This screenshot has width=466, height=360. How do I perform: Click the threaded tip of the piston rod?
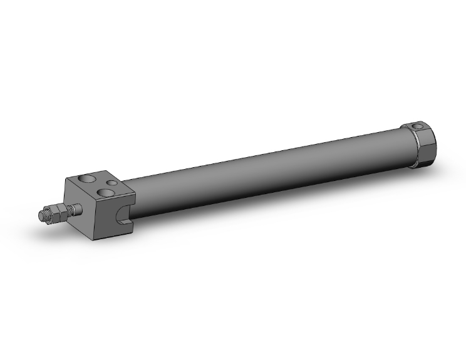point(42,217)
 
